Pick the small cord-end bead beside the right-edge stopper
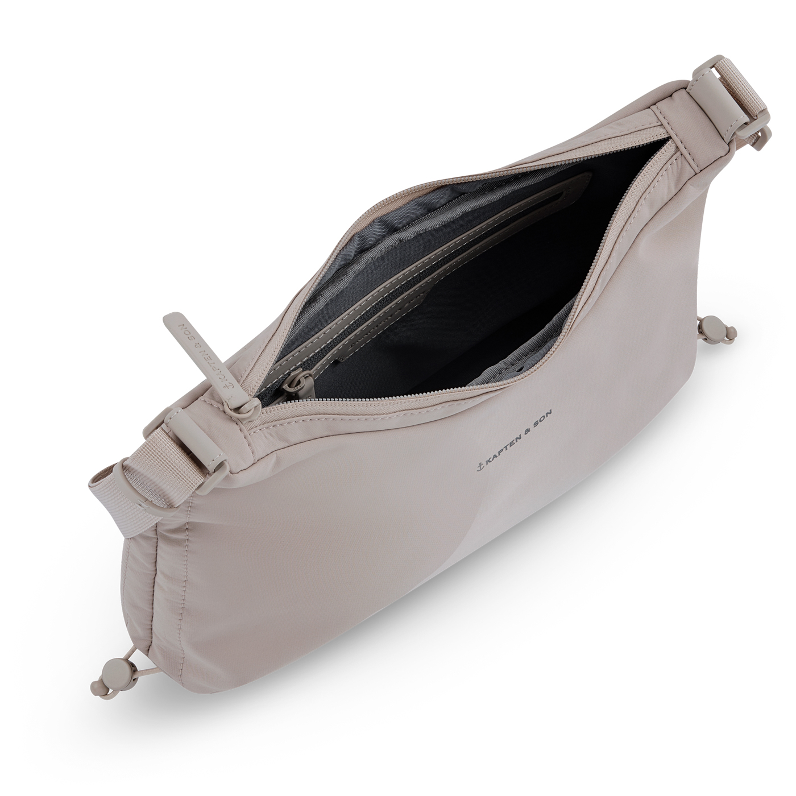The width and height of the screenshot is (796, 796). (732, 331)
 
